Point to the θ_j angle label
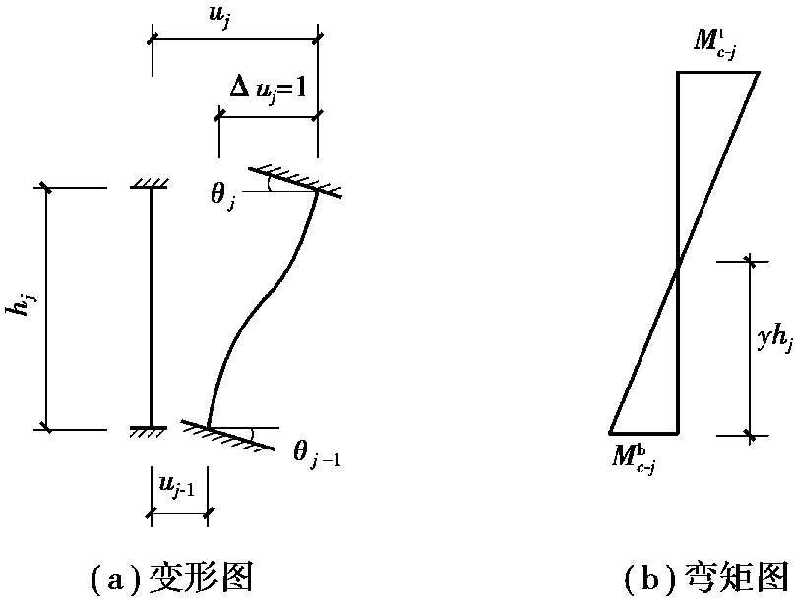coord(222,194)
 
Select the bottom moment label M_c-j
coord(634,457)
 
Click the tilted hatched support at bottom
coord(228,435)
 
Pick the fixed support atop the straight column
coord(151,183)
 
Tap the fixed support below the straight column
coord(151,432)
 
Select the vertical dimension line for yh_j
coord(752,346)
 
